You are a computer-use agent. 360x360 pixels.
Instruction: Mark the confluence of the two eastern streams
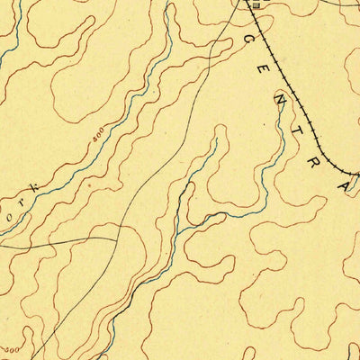[180, 229]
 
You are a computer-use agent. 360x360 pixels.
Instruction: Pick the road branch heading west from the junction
[54, 241]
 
